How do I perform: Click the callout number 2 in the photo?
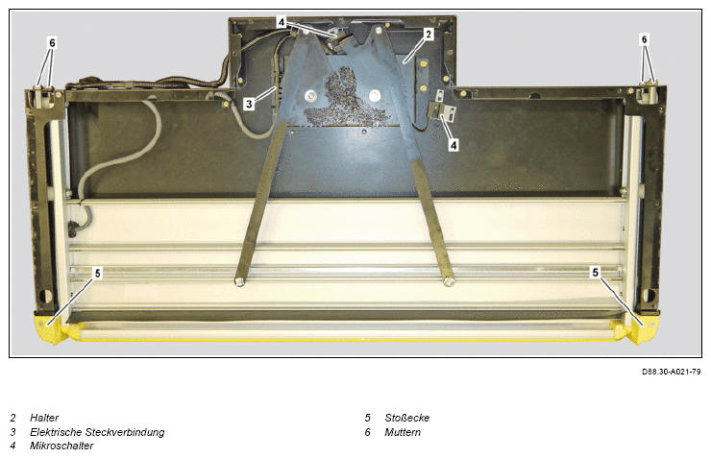pyautogui.click(x=429, y=34)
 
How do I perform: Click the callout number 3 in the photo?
pyautogui.click(x=249, y=104)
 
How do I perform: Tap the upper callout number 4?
pyautogui.click(x=282, y=22)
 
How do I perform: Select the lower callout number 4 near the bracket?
pyautogui.click(x=454, y=145)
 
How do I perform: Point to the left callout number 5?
pyautogui.click(x=97, y=274)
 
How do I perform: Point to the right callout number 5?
pyautogui.click(x=596, y=273)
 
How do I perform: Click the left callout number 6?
pyautogui.click(x=52, y=42)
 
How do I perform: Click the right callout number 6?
pyautogui.click(x=645, y=40)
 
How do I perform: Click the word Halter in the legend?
pyautogui.click(x=44, y=418)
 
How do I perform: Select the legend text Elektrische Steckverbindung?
pyautogui.click(x=97, y=432)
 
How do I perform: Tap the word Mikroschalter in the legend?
pyautogui.click(x=61, y=446)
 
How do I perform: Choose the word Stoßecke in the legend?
pyautogui.click(x=406, y=418)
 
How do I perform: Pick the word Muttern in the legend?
pyautogui.click(x=403, y=432)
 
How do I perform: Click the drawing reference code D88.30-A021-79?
pyautogui.click(x=671, y=372)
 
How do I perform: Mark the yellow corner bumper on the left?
pyautogui.click(x=51, y=328)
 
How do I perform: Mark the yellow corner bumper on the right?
pyautogui.click(x=640, y=329)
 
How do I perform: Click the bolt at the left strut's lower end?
pyautogui.click(x=239, y=282)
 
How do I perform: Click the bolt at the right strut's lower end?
pyautogui.click(x=449, y=282)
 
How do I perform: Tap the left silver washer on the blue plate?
pyautogui.click(x=310, y=96)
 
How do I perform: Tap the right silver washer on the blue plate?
pyautogui.click(x=374, y=96)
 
